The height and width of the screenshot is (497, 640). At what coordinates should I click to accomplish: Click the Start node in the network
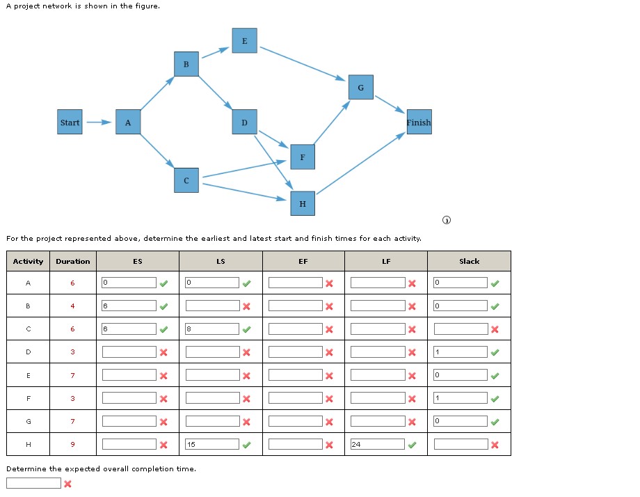pos(70,123)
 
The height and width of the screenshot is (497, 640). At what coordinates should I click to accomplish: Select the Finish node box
pos(418,123)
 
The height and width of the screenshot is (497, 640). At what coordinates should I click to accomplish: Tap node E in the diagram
pos(244,40)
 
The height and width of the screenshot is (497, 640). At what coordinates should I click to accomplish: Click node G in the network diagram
pos(360,88)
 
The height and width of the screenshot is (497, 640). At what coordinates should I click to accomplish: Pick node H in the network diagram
pos(302,204)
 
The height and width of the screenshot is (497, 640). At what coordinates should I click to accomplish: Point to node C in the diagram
pos(186,180)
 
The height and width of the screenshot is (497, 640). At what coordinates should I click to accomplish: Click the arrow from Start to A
pos(98,123)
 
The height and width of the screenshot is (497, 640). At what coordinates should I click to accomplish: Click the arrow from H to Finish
pos(360,163)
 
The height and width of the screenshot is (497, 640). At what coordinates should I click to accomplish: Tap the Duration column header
pos(73,262)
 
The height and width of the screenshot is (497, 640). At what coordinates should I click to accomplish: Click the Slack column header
pos(469,262)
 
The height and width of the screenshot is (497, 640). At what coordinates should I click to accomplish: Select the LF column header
pos(386,262)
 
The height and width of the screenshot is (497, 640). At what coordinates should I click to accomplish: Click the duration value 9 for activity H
pos(72,444)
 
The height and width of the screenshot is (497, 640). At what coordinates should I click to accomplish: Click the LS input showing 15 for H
pos(212,444)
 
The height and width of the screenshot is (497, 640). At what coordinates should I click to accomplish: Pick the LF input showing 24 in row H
pos(378,444)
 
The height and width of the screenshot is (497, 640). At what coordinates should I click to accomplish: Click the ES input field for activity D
pos(129,352)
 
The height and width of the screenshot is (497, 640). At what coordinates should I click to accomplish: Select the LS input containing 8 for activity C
pos(212,329)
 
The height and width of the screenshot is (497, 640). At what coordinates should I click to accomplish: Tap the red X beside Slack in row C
pos(495,329)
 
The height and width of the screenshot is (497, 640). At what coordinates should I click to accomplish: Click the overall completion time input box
pos(33,483)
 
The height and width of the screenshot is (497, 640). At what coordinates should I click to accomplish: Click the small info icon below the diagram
pos(447,221)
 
